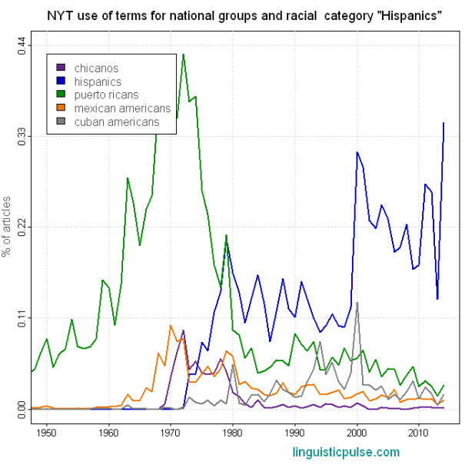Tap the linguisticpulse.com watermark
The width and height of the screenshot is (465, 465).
(x=346, y=451)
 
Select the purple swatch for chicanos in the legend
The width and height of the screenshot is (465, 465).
(x=62, y=68)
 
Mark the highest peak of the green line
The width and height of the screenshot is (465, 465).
(x=183, y=54)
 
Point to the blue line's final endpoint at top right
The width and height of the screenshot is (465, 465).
(x=443, y=122)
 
